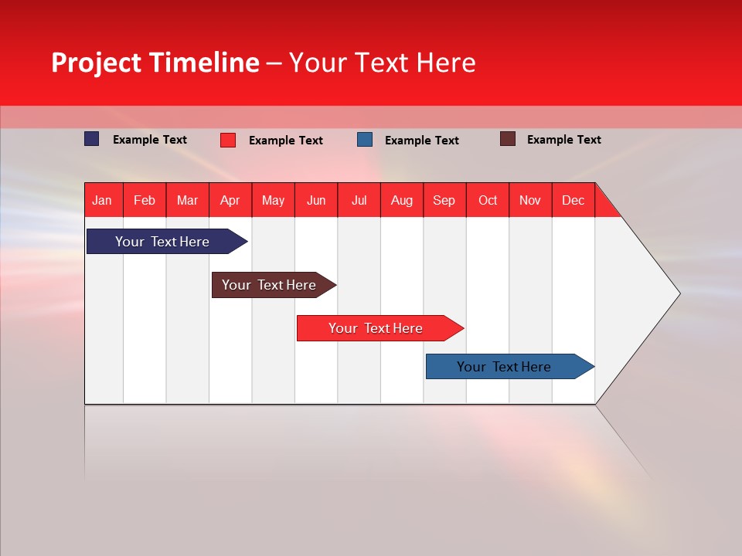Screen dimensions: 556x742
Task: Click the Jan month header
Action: pyautogui.click(x=103, y=200)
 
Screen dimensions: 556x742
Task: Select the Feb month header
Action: pyautogui.click(x=145, y=200)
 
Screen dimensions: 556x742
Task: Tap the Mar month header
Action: pyautogui.click(x=187, y=200)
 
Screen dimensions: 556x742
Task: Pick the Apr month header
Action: pyautogui.click(x=230, y=200)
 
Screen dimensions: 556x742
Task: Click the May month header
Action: pyautogui.click(x=273, y=200)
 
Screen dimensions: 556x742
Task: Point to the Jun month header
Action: pyautogui.click(x=316, y=200)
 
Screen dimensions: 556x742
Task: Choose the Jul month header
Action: pyautogui.click(x=359, y=200)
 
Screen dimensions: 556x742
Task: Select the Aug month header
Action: pyautogui.click(x=402, y=200)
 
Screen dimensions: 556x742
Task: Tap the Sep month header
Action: pyautogui.click(x=444, y=200)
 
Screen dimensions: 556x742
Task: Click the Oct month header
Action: pyautogui.click(x=488, y=200)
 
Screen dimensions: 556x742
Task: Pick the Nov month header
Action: pyautogui.click(x=530, y=200)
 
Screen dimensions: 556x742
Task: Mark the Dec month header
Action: pyautogui.click(x=574, y=200)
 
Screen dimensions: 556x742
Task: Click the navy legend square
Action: pyautogui.click(x=92, y=139)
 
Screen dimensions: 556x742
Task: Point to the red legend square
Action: pyautogui.click(x=228, y=140)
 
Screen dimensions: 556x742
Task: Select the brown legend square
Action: pyautogui.click(x=508, y=139)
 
